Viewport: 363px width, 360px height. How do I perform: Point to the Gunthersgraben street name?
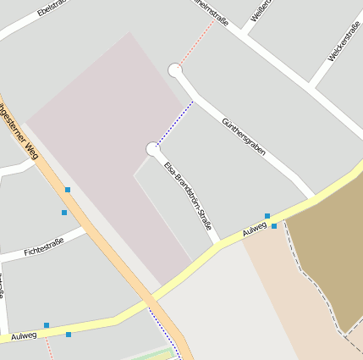click(x=243, y=136)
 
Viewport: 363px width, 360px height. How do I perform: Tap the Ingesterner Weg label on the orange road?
click(x=19, y=130)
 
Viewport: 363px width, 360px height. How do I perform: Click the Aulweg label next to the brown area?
click(x=254, y=229)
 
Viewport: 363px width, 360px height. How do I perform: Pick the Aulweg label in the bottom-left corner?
click(x=24, y=336)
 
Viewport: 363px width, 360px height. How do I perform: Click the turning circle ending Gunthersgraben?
click(x=175, y=70)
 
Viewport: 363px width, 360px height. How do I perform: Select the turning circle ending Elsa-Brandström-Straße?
click(x=153, y=149)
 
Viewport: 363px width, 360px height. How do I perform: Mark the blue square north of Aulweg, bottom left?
click(x=47, y=325)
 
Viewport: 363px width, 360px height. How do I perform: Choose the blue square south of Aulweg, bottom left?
click(x=69, y=335)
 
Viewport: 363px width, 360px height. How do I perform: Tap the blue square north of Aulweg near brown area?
click(x=267, y=216)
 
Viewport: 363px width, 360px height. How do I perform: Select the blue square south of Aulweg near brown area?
click(x=274, y=226)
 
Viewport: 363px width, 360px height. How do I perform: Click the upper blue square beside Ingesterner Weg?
click(x=68, y=190)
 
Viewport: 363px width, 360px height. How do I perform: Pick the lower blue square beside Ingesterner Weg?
click(x=64, y=213)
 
